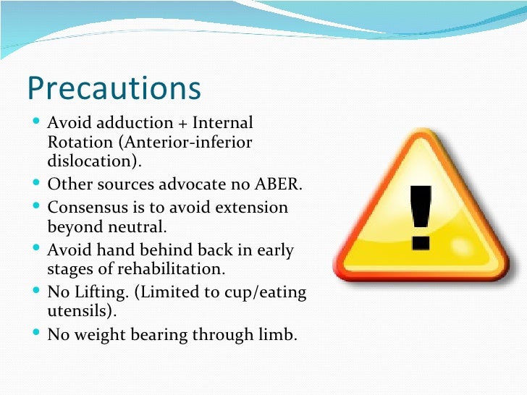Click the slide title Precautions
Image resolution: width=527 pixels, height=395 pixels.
point(114,88)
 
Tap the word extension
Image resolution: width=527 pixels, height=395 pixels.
point(253,208)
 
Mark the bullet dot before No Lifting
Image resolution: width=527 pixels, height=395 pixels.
point(38,292)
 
